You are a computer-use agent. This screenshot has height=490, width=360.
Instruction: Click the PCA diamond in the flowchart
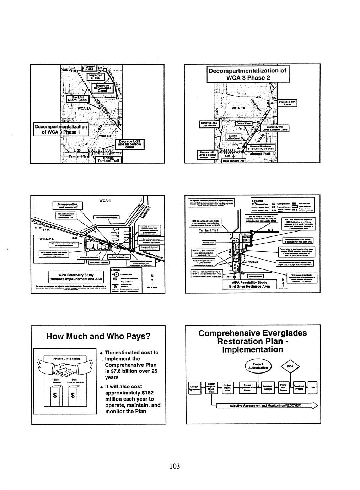click(290, 367)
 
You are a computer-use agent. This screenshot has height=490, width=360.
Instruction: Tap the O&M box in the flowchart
click(312, 387)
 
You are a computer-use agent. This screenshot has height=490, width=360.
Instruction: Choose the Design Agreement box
click(194, 388)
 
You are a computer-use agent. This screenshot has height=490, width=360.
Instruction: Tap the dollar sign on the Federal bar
click(55, 395)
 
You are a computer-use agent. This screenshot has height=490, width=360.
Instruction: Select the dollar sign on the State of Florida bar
click(73, 395)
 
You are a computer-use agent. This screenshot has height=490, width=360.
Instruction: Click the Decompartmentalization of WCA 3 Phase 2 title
click(247, 74)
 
